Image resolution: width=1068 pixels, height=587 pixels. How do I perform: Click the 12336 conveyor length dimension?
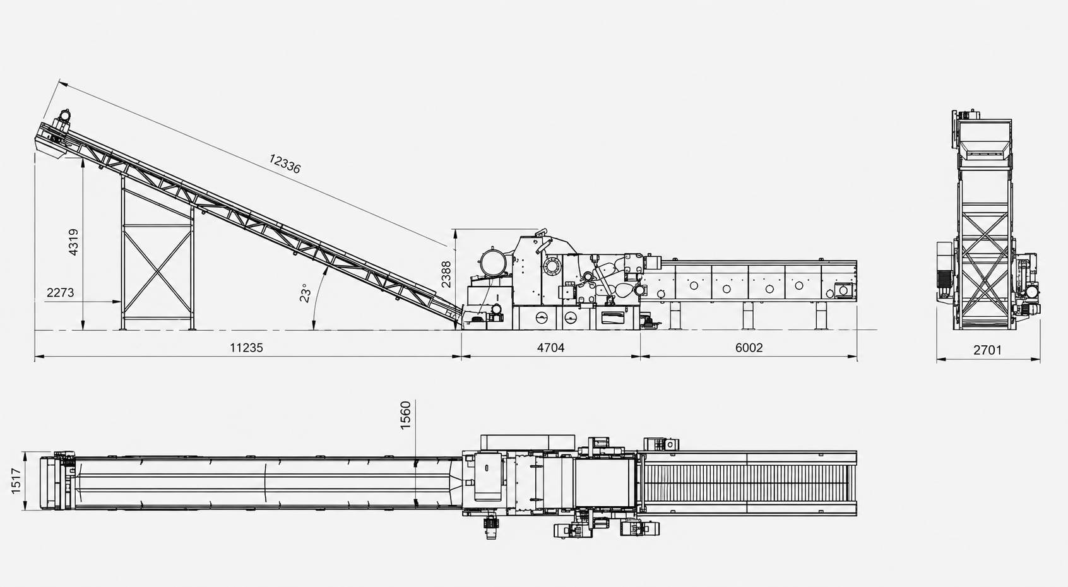[x=285, y=163]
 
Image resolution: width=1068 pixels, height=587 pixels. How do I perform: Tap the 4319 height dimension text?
[x=73, y=242]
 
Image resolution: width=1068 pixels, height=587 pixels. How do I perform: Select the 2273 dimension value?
[x=61, y=292]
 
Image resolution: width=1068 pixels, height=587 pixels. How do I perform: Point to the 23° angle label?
[x=305, y=293]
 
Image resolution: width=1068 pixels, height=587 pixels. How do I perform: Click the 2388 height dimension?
[x=446, y=274]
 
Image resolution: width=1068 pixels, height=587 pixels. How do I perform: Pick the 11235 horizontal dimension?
[x=247, y=348]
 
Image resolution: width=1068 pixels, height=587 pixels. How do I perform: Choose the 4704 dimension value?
[x=550, y=348]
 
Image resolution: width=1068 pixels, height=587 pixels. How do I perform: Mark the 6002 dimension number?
[x=749, y=348]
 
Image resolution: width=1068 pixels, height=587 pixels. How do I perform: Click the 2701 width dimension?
[x=987, y=350]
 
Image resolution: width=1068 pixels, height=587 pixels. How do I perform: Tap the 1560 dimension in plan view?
[x=405, y=415]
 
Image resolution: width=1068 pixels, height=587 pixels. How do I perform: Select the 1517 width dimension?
[x=16, y=481]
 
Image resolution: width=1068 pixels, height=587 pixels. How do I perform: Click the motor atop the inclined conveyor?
[x=63, y=117]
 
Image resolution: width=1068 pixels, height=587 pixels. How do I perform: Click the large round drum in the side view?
[x=491, y=263]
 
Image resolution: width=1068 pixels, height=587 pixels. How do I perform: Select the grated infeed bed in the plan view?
[x=749, y=483]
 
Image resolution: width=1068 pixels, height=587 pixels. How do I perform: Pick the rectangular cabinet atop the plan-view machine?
[x=528, y=442]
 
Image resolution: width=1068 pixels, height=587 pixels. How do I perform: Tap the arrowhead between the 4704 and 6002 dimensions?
[x=640, y=356]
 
